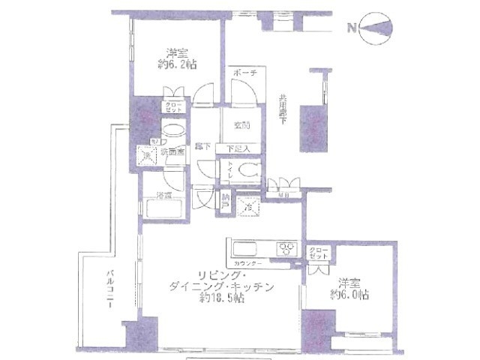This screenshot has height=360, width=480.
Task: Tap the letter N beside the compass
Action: point(351,29)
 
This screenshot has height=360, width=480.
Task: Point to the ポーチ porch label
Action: point(245,73)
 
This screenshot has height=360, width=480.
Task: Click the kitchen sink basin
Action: point(245,248)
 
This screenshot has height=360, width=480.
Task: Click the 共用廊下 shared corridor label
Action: point(282,112)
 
